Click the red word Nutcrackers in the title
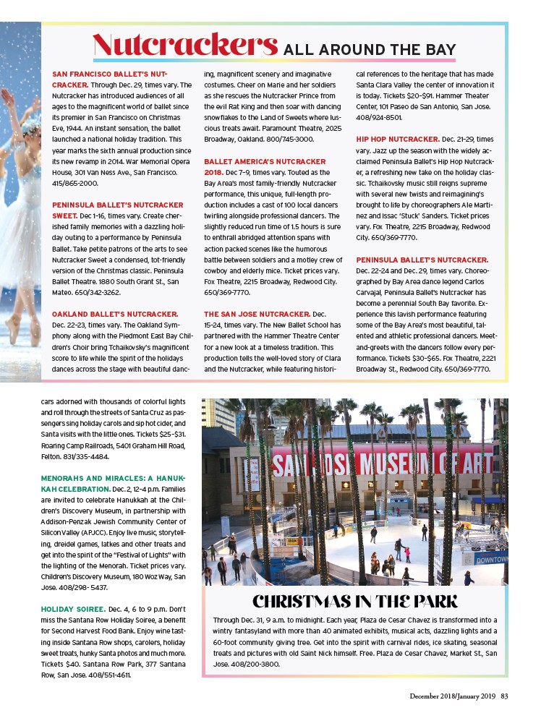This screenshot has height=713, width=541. point(185,45)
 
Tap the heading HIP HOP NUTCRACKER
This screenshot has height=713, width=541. point(397,138)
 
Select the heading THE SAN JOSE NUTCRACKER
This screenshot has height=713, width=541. point(257,314)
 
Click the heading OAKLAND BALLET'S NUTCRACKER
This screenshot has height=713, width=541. point(115,314)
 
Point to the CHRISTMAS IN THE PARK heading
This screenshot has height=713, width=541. point(355,602)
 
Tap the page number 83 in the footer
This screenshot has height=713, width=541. point(504,696)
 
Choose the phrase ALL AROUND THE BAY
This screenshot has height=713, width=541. point(369,49)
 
